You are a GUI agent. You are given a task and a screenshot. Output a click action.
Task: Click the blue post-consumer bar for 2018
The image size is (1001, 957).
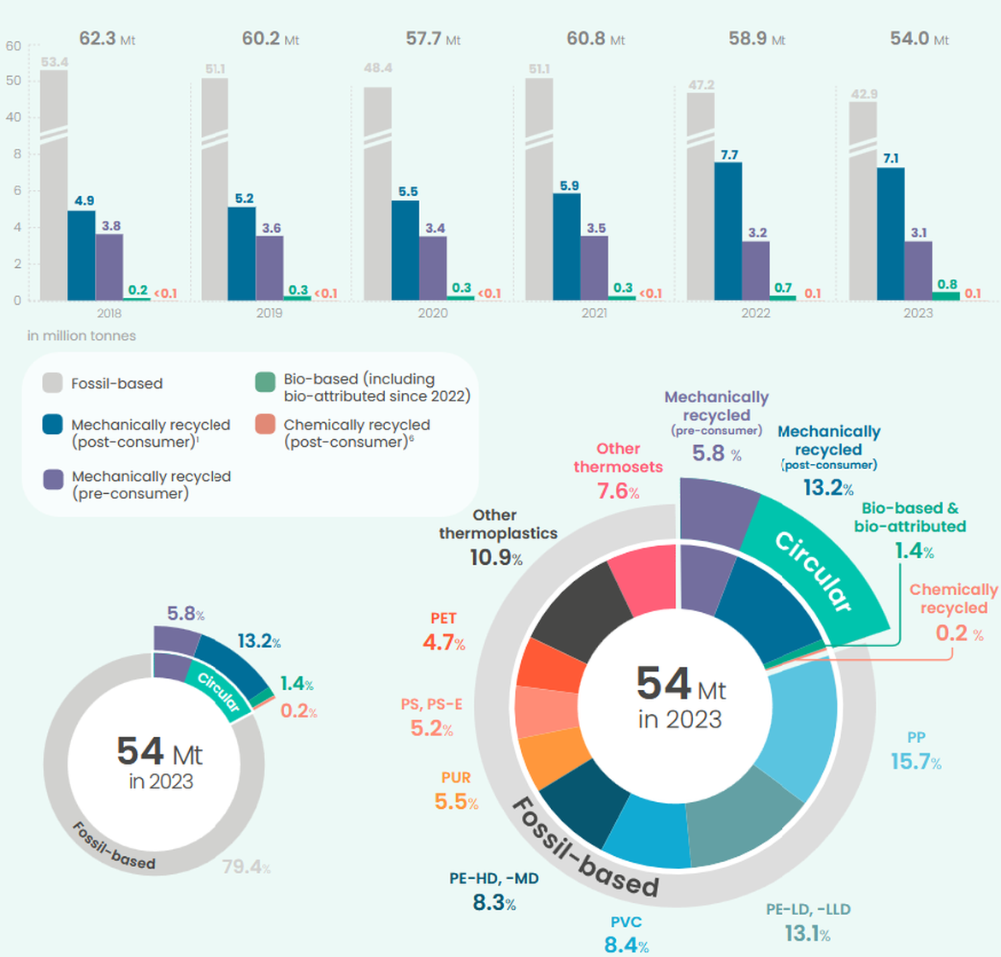(x=82, y=256)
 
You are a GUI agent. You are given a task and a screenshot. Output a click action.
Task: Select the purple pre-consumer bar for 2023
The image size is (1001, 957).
(x=918, y=270)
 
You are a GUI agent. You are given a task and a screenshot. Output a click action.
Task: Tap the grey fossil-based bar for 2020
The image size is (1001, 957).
(x=377, y=193)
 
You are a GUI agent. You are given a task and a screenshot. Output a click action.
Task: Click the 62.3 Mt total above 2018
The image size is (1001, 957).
(x=107, y=39)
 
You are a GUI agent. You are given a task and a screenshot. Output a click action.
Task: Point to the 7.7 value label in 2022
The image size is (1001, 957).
(x=729, y=155)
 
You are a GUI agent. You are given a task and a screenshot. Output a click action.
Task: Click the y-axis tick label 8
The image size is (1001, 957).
(x=17, y=154)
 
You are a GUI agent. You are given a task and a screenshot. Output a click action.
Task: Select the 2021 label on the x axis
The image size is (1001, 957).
(x=594, y=313)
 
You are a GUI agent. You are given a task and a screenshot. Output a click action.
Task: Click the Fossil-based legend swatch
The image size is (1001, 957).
(x=52, y=383)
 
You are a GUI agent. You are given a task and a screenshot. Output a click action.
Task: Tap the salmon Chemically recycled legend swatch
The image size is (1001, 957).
(x=265, y=425)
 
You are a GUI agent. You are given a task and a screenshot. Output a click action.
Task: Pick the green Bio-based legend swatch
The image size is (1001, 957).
(x=265, y=382)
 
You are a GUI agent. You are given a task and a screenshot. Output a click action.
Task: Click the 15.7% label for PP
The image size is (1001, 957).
(x=916, y=762)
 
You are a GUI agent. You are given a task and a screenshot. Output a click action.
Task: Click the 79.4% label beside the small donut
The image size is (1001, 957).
(x=246, y=867)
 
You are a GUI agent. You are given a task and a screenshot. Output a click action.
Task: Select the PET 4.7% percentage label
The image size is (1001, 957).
(x=444, y=642)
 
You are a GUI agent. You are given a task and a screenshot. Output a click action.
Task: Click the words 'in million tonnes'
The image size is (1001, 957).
(x=82, y=336)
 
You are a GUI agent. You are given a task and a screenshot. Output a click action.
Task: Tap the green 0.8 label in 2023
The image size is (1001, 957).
(x=947, y=284)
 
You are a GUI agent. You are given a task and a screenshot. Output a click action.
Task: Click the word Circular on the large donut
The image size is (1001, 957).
(x=814, y=571)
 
